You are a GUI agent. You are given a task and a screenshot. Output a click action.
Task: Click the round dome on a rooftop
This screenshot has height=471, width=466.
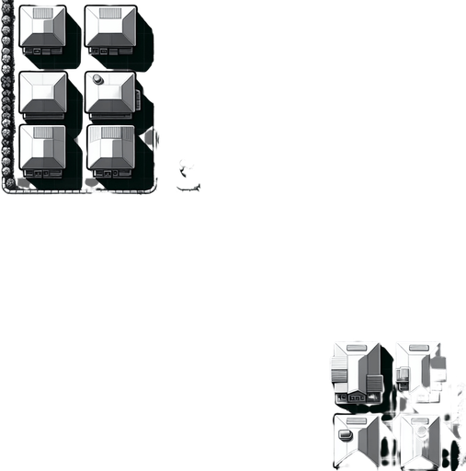point(97,77)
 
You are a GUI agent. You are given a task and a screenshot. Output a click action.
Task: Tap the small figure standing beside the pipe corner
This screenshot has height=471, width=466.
point(188,174)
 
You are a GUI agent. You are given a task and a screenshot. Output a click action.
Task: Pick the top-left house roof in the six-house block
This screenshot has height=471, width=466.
point(42,28)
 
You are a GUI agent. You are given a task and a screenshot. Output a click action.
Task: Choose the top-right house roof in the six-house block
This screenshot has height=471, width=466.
point(110,28)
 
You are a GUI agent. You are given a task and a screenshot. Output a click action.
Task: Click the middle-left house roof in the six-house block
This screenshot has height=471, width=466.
point(42,93)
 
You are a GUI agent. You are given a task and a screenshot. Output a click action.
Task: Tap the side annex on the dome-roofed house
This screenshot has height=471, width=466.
point(137,97)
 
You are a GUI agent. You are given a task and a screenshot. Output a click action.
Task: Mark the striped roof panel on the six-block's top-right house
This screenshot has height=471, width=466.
point(111,15)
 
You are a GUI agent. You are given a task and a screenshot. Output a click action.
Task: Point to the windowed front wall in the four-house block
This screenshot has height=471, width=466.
point(358,396)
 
